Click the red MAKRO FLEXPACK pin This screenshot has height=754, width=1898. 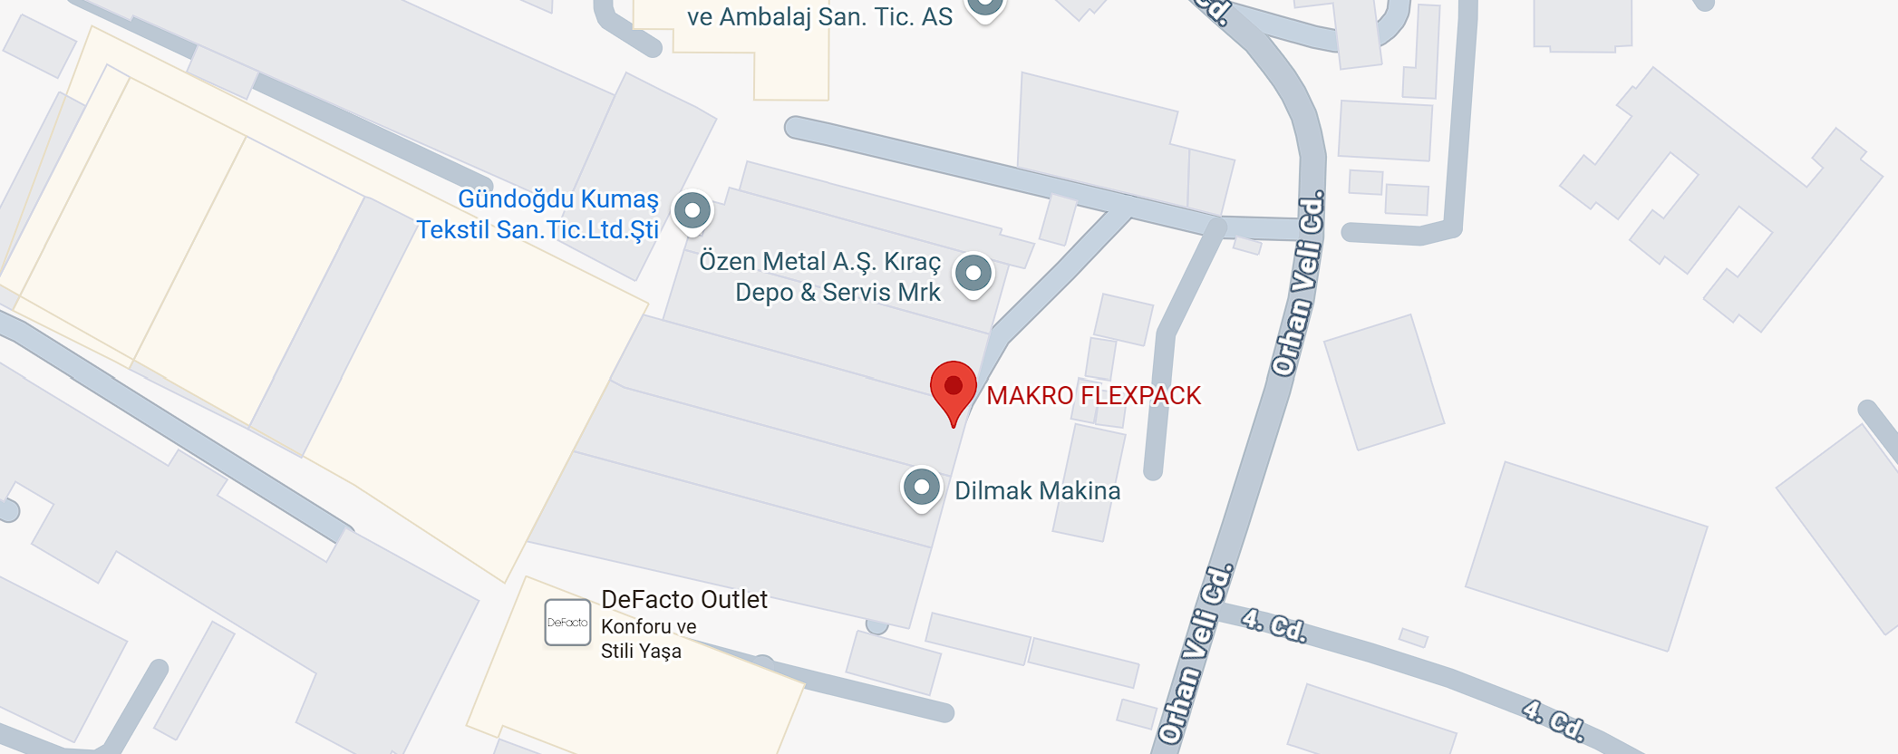pos(954,388)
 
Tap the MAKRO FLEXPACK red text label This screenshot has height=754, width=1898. pos(1093,396)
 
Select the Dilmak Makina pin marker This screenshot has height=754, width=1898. pos(921,488)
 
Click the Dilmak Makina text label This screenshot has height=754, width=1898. pos(1037,491)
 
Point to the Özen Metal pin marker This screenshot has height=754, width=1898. pos(973,273)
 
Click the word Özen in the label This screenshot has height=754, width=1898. pos(727,262)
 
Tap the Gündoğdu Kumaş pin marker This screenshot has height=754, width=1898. pos(692,211)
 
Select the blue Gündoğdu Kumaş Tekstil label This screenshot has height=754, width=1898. pos(538,215)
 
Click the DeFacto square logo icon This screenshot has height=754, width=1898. pos(567,623)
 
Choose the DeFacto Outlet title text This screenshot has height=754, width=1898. pos(684,600)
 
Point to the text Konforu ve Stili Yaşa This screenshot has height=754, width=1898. pos(647,639)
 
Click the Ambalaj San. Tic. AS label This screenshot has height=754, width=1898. pos(819,17)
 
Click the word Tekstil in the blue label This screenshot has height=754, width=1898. pos(453,230)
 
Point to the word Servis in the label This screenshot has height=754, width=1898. pos(857,293)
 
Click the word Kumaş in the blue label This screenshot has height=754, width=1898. pos(620,199)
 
